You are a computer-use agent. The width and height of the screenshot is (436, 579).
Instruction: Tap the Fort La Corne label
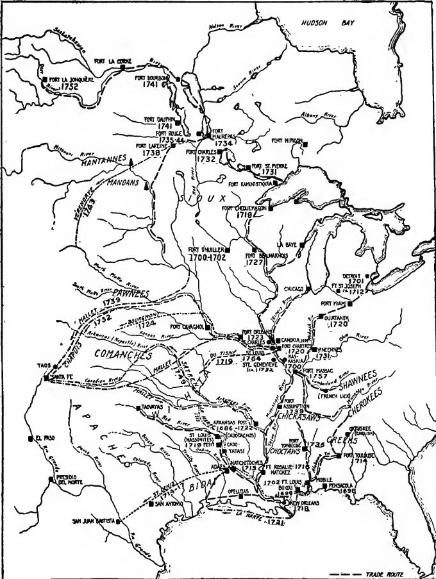(x=113, y=62)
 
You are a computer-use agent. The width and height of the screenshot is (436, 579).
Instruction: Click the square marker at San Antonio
(x=151, y=504)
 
